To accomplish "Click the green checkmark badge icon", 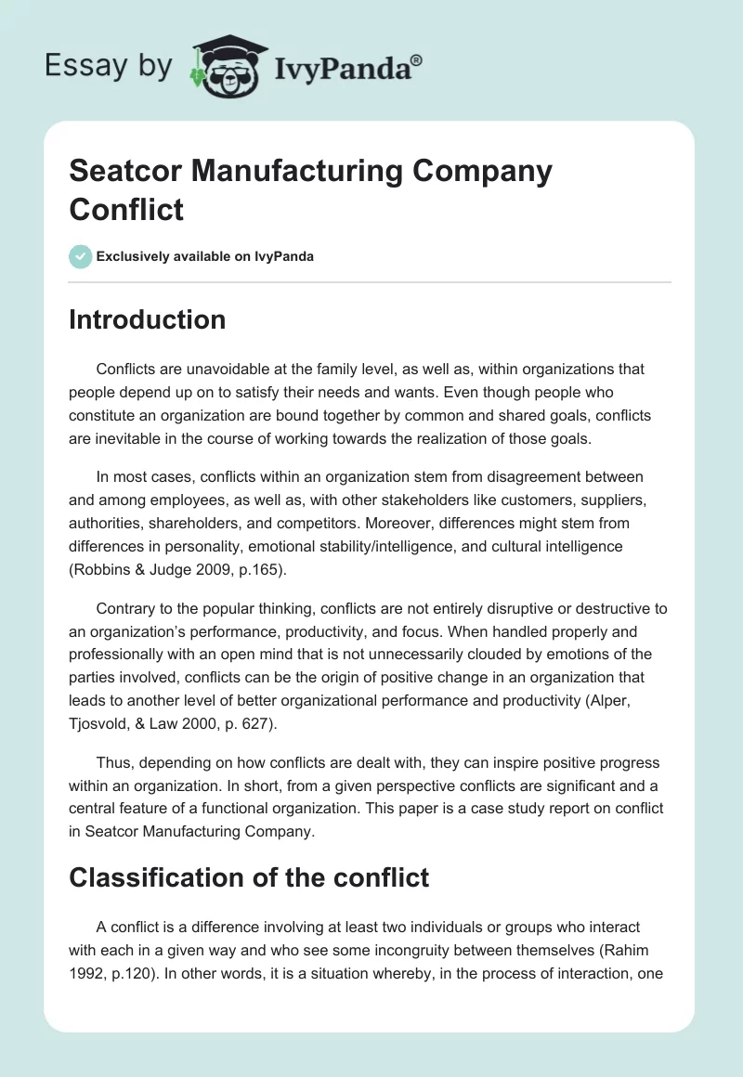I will [x=80, y=256].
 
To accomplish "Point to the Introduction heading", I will [x=148, y=319].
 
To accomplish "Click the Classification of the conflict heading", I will [x=249, y=876].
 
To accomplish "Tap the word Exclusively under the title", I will [x=132, y=256].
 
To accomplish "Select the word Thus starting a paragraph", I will [x=113, y=762].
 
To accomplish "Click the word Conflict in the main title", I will [x=126, y=209].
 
